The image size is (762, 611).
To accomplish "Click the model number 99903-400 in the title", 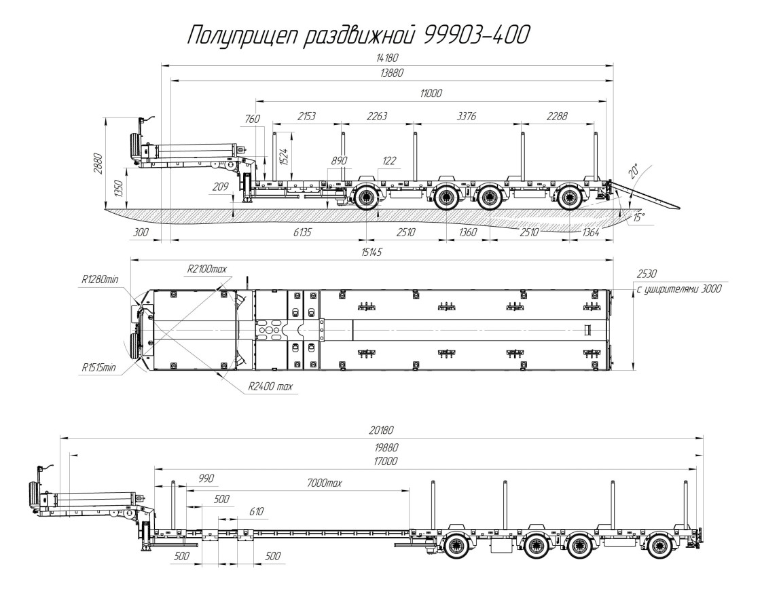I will pyautogui.click(x=475, y=35).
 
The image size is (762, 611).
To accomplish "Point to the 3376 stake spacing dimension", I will pyautogui.click(x=467, y=116).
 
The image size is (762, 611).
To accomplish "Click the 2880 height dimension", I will pyautogui.click(x=96, y=164).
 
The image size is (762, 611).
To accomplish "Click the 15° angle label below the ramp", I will pyautogui.click(x=638, y=218).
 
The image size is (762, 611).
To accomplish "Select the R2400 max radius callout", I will pyautogui.click(x=270, y=387).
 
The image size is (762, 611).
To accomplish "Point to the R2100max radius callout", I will pyautogui.click(x=206, y=270).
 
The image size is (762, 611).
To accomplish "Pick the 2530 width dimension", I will pyautogui.click(x=647, y=274).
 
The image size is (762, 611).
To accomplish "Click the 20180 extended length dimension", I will pyautogui.click(x=381, y=430).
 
